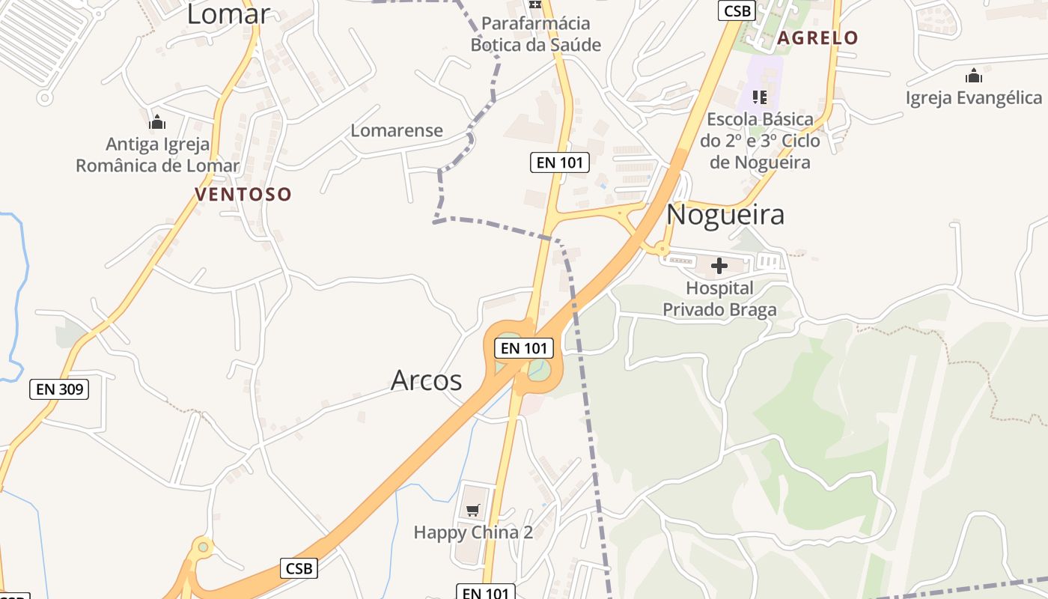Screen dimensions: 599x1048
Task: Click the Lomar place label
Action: coord(228,13)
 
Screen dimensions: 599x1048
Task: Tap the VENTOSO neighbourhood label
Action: coord(243,195)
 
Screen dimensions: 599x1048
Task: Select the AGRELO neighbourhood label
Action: coord(817,38)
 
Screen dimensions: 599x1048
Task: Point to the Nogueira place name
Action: coord(725,215)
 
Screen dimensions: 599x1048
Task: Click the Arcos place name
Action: coord(427,380)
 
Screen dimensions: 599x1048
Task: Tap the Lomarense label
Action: coord(397,130)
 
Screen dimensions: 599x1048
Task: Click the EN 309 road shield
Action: coord(60,389)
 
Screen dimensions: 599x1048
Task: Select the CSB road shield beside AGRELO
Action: coord(737,10)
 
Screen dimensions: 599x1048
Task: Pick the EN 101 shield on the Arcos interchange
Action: coord(524,348)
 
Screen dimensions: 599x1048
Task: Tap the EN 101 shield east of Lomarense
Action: coord(560,162)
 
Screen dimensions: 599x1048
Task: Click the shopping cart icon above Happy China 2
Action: coord(472,510)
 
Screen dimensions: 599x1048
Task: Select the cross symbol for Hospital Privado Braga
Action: coord(719,266)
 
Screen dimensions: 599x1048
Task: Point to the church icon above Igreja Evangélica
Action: coord(973,76)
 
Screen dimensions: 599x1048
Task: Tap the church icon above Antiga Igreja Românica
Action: coord(157,121)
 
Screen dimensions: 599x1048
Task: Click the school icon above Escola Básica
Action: coord(760,97)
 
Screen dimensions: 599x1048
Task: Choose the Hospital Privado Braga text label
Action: coord(720,299)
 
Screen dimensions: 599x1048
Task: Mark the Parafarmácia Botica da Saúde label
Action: coord(535,34)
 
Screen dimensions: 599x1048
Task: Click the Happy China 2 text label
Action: coord(473,533)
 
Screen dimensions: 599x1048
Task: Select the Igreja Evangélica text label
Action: coord(973,98)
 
